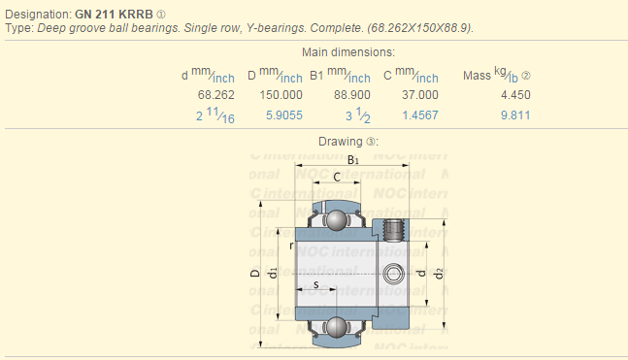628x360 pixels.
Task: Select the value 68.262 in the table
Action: [x=216, y=95]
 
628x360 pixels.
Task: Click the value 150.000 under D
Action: [x=281, y=95]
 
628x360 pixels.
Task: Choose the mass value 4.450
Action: [x=514, y=95]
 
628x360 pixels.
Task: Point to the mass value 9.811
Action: [x=514, y=115]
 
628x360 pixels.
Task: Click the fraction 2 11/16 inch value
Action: [x=215, y=116]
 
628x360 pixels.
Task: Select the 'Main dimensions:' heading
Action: [x=348, y=51]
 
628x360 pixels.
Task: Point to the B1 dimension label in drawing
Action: [x=352, y=160]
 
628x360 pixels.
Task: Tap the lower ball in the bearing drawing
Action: [x=337, y=327]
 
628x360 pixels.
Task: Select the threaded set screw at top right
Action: [x=394, y=230]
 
